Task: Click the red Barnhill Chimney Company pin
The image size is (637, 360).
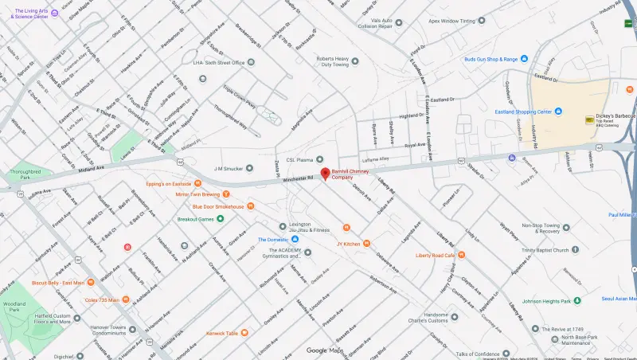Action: click(x=325, y=174)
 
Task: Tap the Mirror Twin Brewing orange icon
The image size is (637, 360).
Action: click(x=227, y=194)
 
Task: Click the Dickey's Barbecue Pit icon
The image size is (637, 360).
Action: click(x=589, y=119)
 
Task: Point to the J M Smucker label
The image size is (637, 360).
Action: click(x=227, y=168)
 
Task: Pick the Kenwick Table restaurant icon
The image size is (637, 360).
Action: click(x=244, y=332)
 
